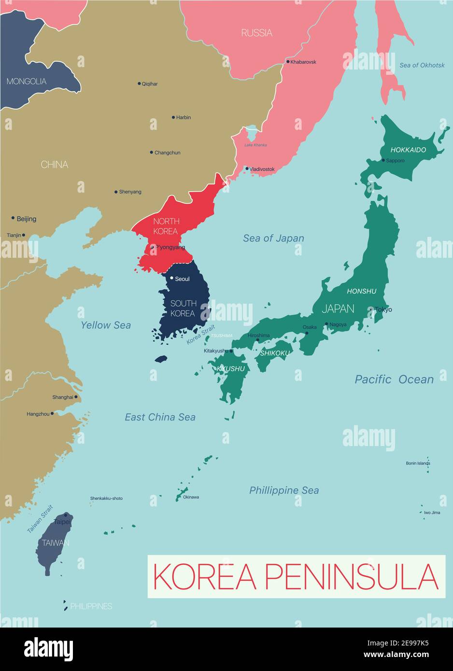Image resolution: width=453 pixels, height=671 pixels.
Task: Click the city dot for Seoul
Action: pyautogui.click(x=171, y=278)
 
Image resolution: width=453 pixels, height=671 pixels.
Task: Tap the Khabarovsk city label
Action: pyautogui.click(x=303, y=62)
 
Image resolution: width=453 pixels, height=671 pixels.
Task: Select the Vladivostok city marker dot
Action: pyautogui.click(x=247, y=169)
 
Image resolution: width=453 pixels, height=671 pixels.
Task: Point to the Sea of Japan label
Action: pyautogui.click(x=273, y=238)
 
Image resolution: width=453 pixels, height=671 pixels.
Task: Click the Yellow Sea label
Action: pyautogui.click(x=106, y=325)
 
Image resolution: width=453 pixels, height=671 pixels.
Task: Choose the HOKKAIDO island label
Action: pyautogui.click(x=408, y=150)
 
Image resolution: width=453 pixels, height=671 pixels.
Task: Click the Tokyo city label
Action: pyautogui.click(x=383, y=309)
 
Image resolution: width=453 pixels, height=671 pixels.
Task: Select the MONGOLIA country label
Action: pyautogui.click(x=27, y=81)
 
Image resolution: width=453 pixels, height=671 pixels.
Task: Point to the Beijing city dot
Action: pyautogui.click(x=13, y=218)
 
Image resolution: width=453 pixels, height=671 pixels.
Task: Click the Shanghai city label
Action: pyautogui.click(x=63, y=397)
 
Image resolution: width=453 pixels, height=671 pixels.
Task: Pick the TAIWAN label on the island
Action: pyautogui.click(x=56, y=543)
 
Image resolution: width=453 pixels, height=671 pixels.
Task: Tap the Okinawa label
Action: pyautogui.click(x=191, y=497)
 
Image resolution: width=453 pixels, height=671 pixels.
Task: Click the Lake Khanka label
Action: pyautogui.click(x=255, y=145)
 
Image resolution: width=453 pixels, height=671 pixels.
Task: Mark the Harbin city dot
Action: pyautogui.click(x=173, y=117)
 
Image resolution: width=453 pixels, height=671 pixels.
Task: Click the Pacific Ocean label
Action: pyautogui.click(x=394, y=379)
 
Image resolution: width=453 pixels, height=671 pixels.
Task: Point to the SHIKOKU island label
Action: pyautogui.click(x=275, y=353)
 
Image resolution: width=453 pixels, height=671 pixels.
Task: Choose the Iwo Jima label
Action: pyautogui.click(x=432, y=513)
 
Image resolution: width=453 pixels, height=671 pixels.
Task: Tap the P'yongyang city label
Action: pyautogui.click(x=170, y=247)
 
